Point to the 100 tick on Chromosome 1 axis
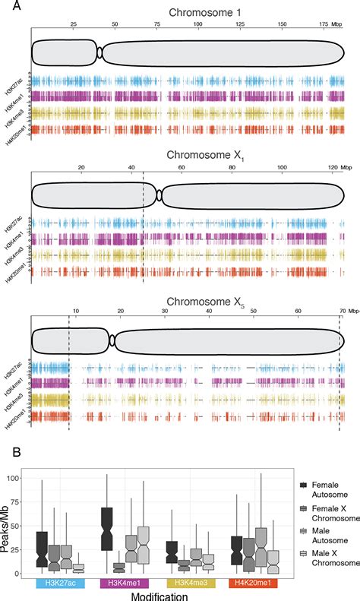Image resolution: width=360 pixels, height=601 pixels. [197, 24]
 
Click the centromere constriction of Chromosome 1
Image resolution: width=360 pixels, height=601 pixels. [99, 52]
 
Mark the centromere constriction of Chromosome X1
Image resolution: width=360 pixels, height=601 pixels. [159, 195]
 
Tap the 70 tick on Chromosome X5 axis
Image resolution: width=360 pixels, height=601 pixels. [341, 311]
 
